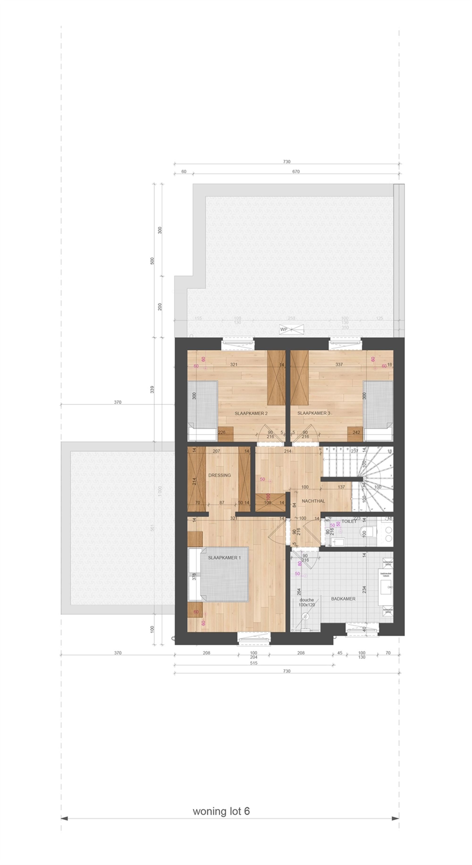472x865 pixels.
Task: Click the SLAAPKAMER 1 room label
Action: pos(224,558)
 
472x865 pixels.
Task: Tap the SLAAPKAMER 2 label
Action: pos(251,413)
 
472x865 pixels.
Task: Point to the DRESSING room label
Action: pos(219,475)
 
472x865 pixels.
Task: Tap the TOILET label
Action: pos(349,522)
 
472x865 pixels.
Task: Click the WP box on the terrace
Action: pos(284,329)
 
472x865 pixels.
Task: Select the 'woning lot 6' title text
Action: pos(221,811)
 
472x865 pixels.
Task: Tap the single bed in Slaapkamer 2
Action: pos(202,410)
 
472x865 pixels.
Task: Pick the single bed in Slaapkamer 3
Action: pos(378,410)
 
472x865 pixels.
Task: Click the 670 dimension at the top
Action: pos(296,171)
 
